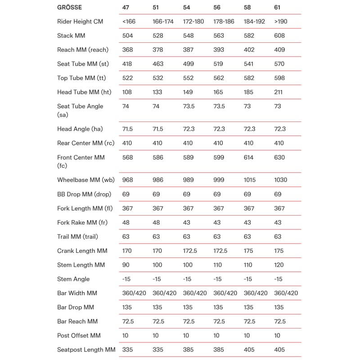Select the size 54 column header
coord(187,7)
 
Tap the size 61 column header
coord(277,7)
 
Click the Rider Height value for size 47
coord(129,22)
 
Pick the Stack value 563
coord(218,36)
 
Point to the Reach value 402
coord(249,50)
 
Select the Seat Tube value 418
coord(127,64)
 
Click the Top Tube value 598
coord(279,78)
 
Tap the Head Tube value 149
coord(188,92)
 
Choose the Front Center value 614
coord(248,157)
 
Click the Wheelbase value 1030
coord(281,180)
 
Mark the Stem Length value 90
coord(126,265)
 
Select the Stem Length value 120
coord(279,265)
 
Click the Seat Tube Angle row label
coord(80,110)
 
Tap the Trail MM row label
coord(77,237)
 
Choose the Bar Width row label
coord(77,293)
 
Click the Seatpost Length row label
coord(86,350)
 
